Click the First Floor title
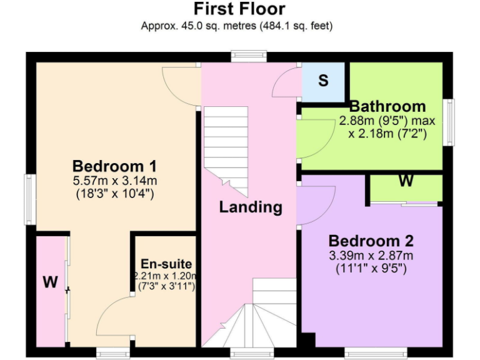239,9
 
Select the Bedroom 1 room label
114,167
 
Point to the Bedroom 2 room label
371,241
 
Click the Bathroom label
387,106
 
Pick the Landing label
250,207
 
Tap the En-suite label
166,264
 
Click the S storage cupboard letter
323,81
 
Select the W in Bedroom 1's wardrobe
50,282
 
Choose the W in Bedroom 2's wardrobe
406,182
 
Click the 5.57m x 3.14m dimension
114,181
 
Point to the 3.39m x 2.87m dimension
372,256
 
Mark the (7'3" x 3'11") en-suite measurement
166,286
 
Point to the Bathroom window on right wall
449,122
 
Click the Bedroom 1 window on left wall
29,199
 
